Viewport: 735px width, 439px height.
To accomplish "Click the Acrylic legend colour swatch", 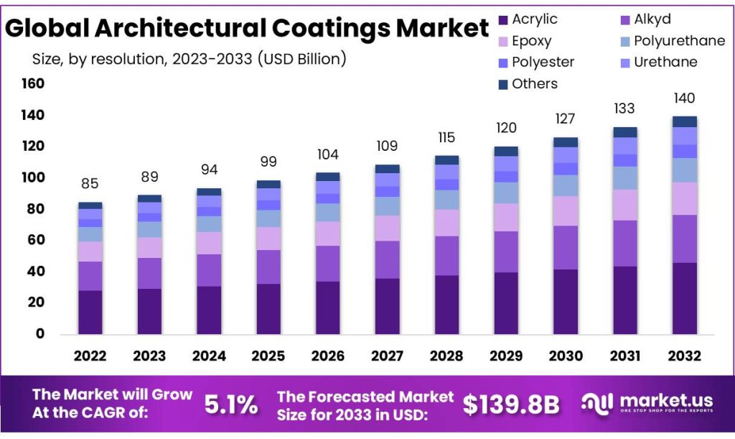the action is pos(503,20).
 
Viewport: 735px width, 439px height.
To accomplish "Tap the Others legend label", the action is pos(535,83).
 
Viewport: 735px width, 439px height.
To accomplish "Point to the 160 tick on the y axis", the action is pos(33,83).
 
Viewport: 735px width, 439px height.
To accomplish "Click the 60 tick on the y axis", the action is pos(36,240).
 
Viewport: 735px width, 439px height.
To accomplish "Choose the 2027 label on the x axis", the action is pos(387,356).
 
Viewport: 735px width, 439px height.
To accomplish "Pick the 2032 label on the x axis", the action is pos(684,356).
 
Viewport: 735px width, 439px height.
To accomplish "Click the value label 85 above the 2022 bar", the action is pos(90,183).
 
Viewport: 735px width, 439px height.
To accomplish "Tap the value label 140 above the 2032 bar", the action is pos(684,98).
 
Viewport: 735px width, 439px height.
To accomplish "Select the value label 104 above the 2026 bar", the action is pos(327,154).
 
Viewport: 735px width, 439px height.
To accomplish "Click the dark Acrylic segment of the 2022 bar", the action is pos(90,313).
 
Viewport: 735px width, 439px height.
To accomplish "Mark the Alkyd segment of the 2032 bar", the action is pos(684,239).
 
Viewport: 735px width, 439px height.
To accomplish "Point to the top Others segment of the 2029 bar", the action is pos(506,152).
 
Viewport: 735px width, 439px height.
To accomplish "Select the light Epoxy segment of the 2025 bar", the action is pos(268,239).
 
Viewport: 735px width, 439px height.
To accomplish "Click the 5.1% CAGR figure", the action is pos(231,405).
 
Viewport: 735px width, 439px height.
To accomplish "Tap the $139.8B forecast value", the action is pos(511,405).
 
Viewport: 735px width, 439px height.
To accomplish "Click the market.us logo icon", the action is pos(597,403).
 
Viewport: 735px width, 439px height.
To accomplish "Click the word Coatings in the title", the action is pos(332,27).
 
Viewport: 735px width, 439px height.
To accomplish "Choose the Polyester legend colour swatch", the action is pos(503,63).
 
